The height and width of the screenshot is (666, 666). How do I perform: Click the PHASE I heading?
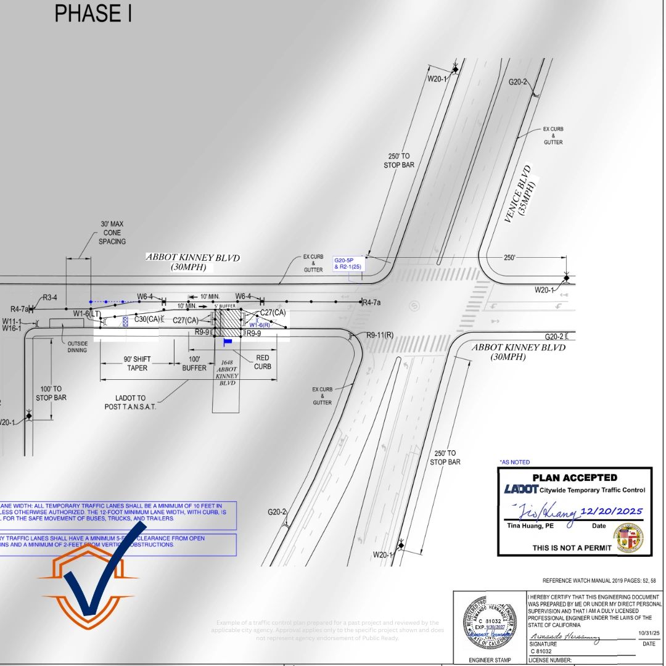click(93, 14)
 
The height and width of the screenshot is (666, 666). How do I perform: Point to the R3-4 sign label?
click(50, 297)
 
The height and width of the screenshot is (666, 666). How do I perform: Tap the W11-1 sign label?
click(12, 321)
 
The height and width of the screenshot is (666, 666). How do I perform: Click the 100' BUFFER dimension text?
click(194, 363)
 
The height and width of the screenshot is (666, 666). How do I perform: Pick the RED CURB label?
click(262, 362)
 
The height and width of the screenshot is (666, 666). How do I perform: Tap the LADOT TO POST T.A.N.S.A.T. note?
click(130, 402)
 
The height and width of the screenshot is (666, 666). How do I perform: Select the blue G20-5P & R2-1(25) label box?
click(348, 263)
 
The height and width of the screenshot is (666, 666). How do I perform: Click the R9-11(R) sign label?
click(380, 335)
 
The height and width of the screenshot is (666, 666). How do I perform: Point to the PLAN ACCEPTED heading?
click(574, 477)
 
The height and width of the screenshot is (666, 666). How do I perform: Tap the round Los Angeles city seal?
click(628, 536)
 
